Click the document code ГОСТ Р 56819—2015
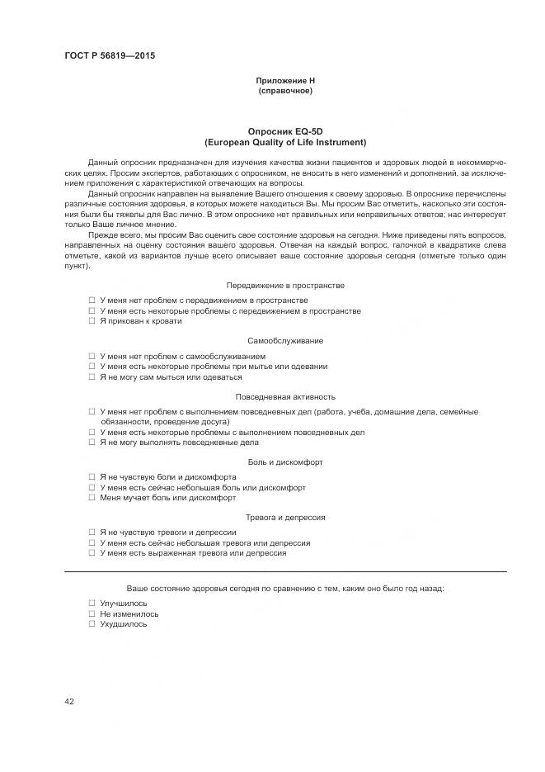point(109,56)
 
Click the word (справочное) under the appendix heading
point(284,90)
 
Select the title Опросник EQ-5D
point(284,132)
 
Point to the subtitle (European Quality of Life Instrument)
point(284,142)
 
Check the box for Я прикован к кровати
point(92,321)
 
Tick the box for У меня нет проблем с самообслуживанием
point(92,357)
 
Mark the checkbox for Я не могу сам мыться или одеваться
point(92,377)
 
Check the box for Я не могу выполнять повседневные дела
point(92,443)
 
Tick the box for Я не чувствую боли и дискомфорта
point(92,477)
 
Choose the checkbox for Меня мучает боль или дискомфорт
point(92,498)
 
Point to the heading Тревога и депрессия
point(284,518)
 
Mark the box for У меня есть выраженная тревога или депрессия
point(92,553)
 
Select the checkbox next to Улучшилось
point(92,604)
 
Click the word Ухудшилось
point(124,624)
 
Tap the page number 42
point(69,702)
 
